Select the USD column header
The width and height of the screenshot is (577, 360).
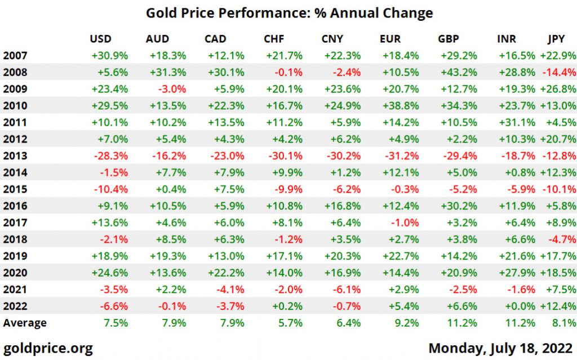(x=101, y=39)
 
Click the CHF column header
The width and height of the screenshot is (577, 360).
(x=274, y=39)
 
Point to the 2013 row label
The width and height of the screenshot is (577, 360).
(x=15, y=156)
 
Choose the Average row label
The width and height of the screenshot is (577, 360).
(x=25, y=323)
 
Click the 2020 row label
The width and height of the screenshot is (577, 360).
(x=15, y=273)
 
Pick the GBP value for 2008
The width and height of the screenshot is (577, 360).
(x=460, y=72)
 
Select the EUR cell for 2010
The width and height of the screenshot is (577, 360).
(x=400, y=105)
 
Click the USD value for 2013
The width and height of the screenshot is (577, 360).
(x=112, y=156)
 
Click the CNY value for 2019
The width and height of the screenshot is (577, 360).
(x=343, y=256)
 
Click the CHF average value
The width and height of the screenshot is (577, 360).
(x=290, y=323)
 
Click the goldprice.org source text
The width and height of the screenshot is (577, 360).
(x=48, y=348)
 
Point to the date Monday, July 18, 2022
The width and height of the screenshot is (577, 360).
(x=501, y=348)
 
